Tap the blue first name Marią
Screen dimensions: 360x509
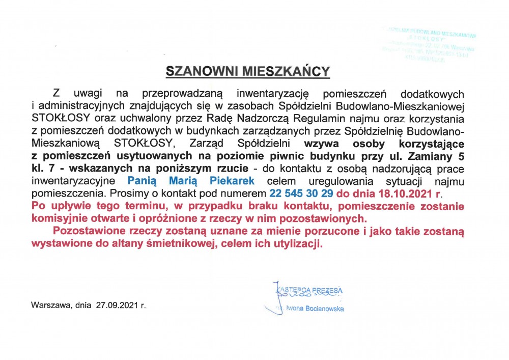pos(185,181)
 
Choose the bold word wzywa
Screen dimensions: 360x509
pos(319,144)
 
